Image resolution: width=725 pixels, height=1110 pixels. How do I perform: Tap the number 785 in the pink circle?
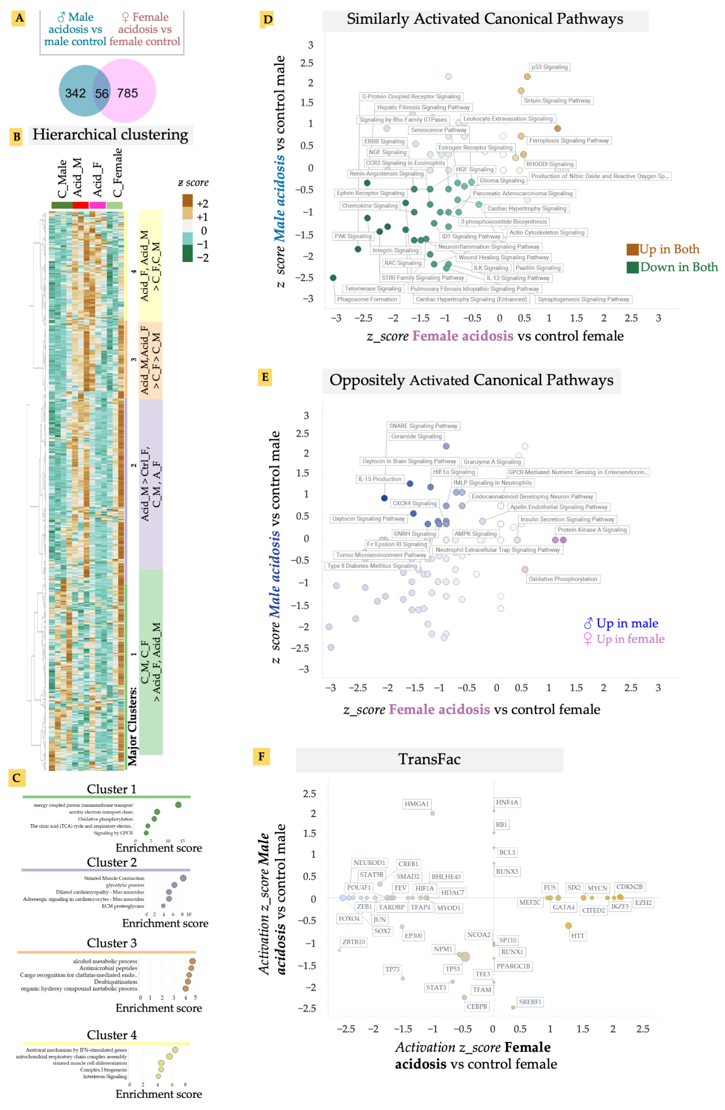click(x=127, y=93)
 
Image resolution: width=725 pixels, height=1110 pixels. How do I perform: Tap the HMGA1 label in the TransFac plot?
click(x=416, y=804)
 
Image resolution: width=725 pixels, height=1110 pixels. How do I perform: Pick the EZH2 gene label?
click(x=643, y=902)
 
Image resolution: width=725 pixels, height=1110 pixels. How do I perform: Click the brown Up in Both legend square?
click(x=632, y=249)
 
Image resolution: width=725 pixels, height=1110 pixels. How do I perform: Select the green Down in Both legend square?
click(x=632, y=267)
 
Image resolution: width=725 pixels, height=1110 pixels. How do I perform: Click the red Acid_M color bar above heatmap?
click(x=80, y=205)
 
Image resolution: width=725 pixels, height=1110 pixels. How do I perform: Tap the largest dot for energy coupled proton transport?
click(x=178, y=804)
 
